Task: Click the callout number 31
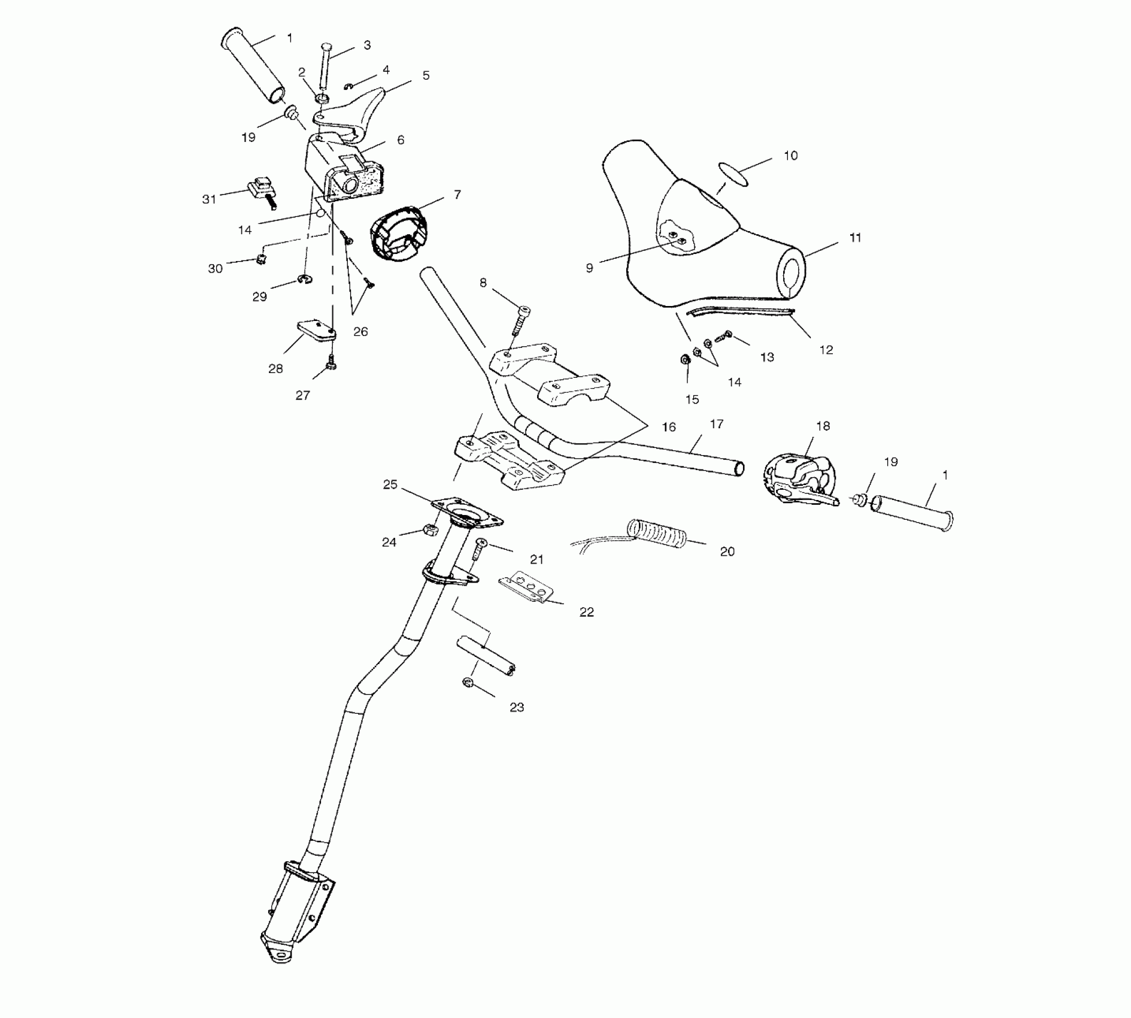pos(209,199)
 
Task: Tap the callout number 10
pos(790,156)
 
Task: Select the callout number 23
pos(517,707)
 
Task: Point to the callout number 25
pos(390,484)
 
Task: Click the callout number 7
pos(457,195)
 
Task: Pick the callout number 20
pos(727,552)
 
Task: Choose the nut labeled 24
pos(429,529)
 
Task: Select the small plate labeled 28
pos(316,331)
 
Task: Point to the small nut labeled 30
pos(261,259)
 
